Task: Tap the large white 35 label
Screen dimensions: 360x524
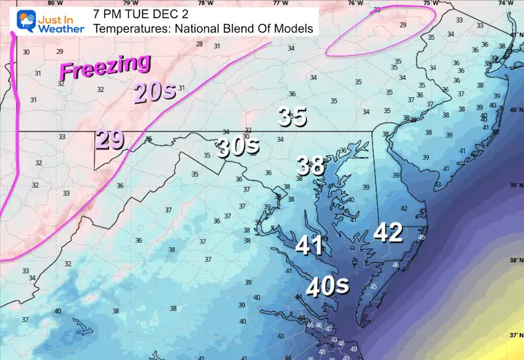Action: pos(292,117)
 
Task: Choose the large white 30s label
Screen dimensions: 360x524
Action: pos(238,146)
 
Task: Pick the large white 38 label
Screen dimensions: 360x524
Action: pos(311,166)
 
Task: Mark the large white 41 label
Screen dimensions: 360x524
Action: pos(310,246)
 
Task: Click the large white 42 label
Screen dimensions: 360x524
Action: pos(388,233)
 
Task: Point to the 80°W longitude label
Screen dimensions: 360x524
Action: pos(27,3)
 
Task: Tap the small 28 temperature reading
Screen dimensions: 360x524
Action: pos(199,44)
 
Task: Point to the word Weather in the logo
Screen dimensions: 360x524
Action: pos(62,29)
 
